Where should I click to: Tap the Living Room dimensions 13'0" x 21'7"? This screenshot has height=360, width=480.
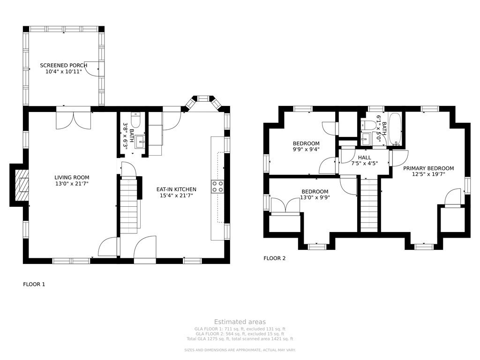click(x=72, y=183)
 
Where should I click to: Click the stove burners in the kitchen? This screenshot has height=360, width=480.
click(x=217, y=186)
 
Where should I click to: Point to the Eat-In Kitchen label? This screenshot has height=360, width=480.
click(x=176, y=189)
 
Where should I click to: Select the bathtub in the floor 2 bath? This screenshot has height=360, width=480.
click(x=395, y=128)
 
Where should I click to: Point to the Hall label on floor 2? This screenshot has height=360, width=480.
click(x=364, y=157)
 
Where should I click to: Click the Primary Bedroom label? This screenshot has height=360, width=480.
click(x=428, y=168)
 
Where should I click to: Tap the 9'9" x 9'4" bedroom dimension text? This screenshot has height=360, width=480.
click(x=306, y=150)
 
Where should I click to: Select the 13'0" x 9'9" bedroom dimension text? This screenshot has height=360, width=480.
click(x=315, y=198)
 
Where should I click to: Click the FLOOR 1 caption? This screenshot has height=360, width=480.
click(x=34, y=284)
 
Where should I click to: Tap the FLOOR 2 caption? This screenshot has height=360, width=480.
click(x=274, y=258)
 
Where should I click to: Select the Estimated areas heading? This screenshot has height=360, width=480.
click(x=240, y=322)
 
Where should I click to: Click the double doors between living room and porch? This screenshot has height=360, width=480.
click(x=73, y=119)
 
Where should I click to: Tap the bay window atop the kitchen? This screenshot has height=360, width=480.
click(x=202, y=100)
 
